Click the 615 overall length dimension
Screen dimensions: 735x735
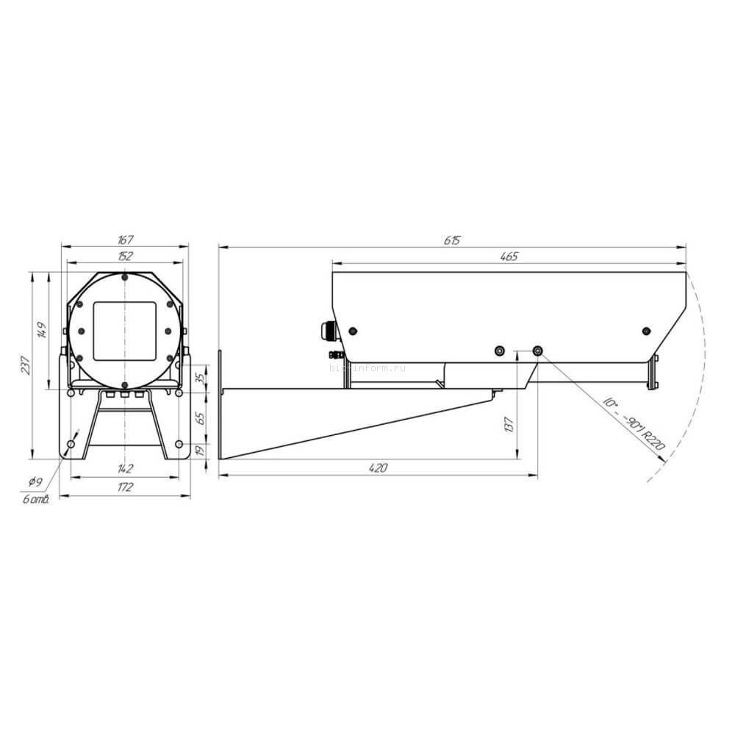[x=451, y=240]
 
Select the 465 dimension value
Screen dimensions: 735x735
[x=509, y=257]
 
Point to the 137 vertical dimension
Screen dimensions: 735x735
[x=509, y=423]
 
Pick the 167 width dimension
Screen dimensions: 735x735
[x=124, y=240]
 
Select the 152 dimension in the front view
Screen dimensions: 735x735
[x=125, y=256]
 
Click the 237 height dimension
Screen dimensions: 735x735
[x=26, y=365]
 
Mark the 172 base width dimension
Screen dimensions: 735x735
[x=125, y=487]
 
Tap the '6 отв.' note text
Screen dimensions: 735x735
[x=35, y=500]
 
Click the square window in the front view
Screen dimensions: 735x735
[x=125, y=331]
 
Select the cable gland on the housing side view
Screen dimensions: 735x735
[x=327, y=330]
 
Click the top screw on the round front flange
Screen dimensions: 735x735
[x=125, y=277]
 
